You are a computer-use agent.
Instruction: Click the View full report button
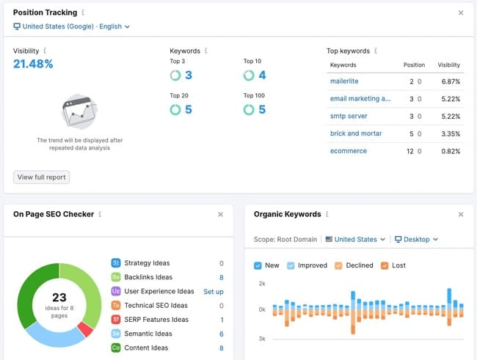point(41,177)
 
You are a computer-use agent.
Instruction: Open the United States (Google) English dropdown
point(72,26)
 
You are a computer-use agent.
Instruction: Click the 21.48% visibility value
point(33,65)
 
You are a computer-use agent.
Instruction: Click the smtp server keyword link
point(349,116)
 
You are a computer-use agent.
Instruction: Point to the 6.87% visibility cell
point(449,81)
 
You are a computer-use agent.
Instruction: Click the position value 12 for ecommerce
point(410,151)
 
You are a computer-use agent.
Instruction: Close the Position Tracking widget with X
point(461,12)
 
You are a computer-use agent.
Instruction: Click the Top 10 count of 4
point(262,76)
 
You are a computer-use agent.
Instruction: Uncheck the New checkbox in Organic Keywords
point(257,265)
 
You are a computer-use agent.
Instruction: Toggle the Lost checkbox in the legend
point(385,265)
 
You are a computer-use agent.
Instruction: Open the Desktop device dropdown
point(416,239)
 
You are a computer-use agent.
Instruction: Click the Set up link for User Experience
point(214,291)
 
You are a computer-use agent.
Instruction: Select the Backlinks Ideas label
point(149,277)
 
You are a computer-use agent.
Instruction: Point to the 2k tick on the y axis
point(261,282)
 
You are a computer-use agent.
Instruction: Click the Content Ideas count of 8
point(221,348)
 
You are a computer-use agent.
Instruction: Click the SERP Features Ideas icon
point(116,320)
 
